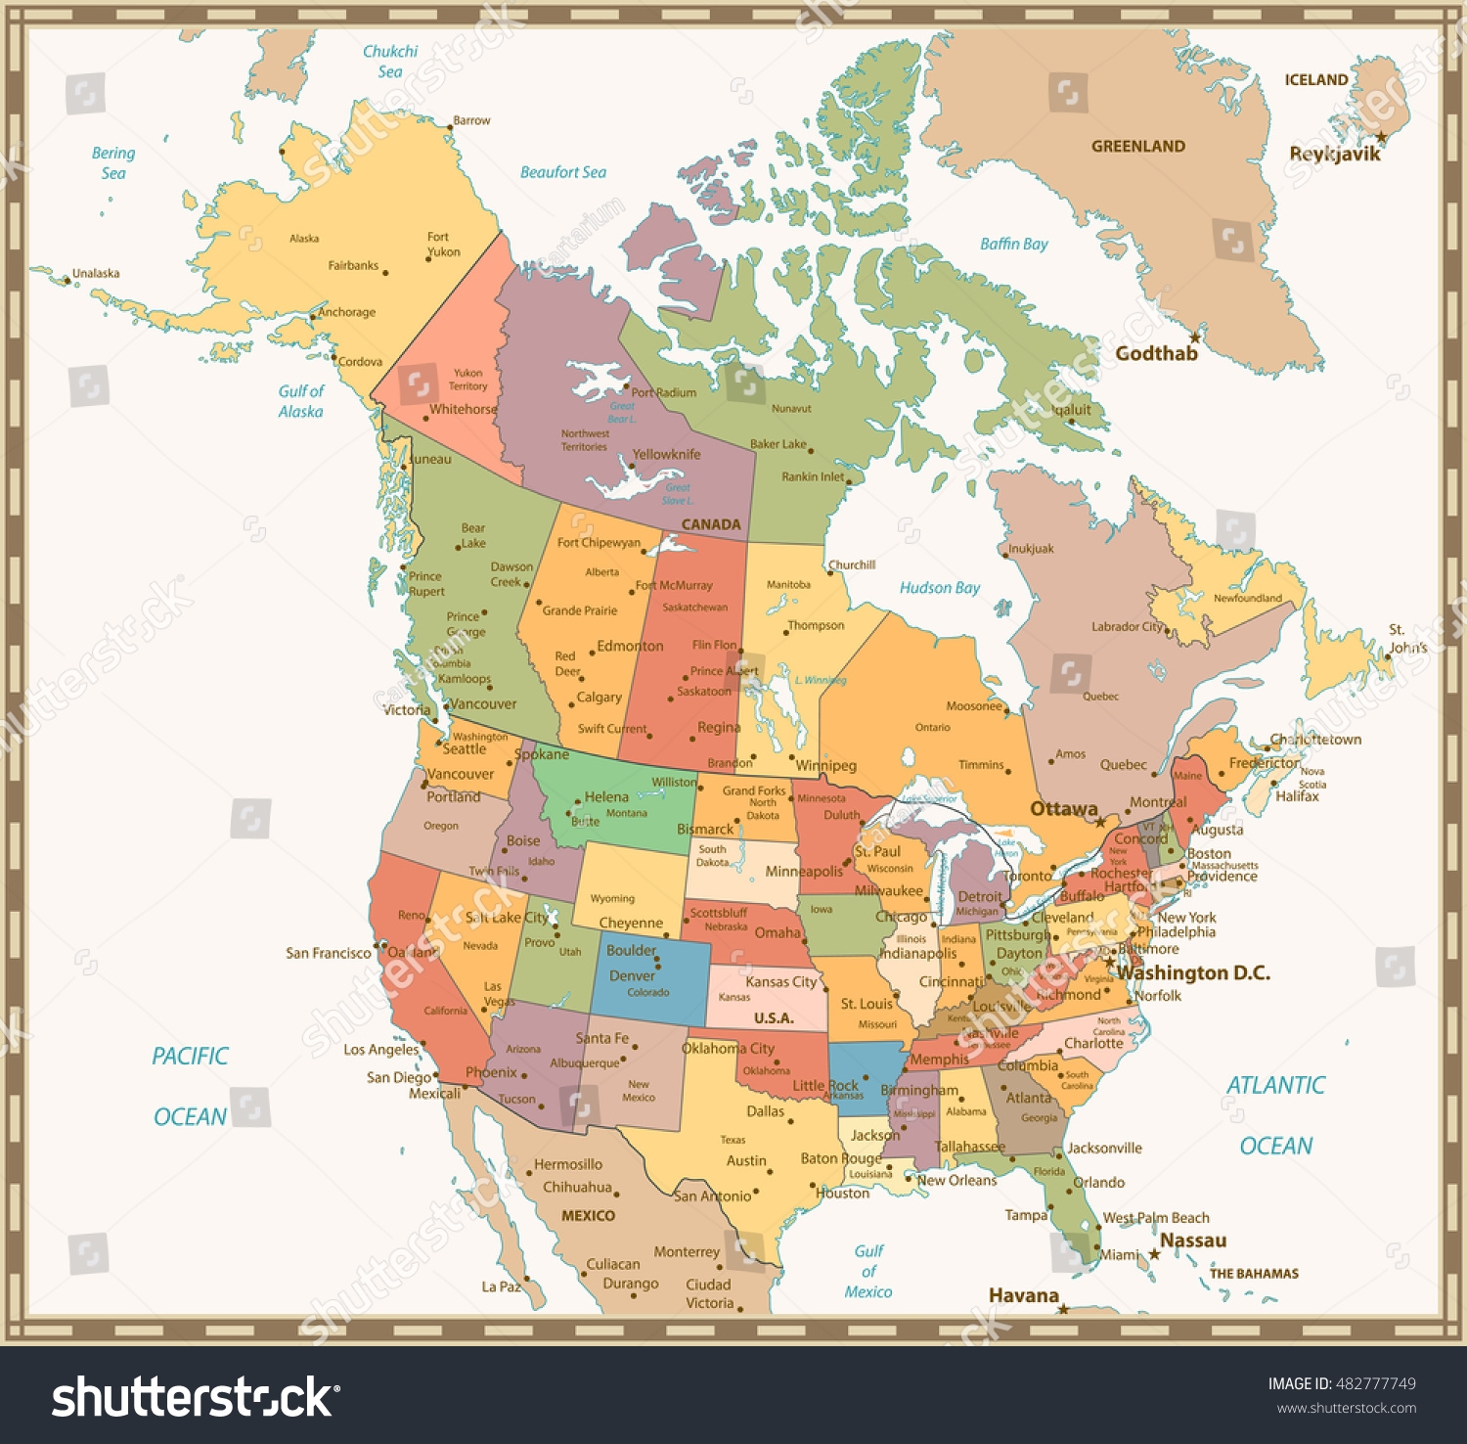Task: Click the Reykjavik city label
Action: [1334, 154]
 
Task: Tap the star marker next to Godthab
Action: [1195, 338]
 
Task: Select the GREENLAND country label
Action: [1138, 147]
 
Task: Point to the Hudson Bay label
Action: [939, 588]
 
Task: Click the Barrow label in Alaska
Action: [471, 120]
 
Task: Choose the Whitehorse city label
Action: [464, 410]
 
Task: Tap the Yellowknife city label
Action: [666, 455]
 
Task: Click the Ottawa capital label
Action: [1063, 809]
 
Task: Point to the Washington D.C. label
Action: [1194, 973]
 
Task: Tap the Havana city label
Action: [1023, 1296]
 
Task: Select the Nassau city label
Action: [1193, 1241]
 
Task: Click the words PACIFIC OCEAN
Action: [190, 1086]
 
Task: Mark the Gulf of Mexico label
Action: [868, 1272]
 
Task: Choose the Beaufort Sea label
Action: [562, 173]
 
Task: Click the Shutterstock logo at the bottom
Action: [192, 1397]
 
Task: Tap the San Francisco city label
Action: [329, 953]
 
